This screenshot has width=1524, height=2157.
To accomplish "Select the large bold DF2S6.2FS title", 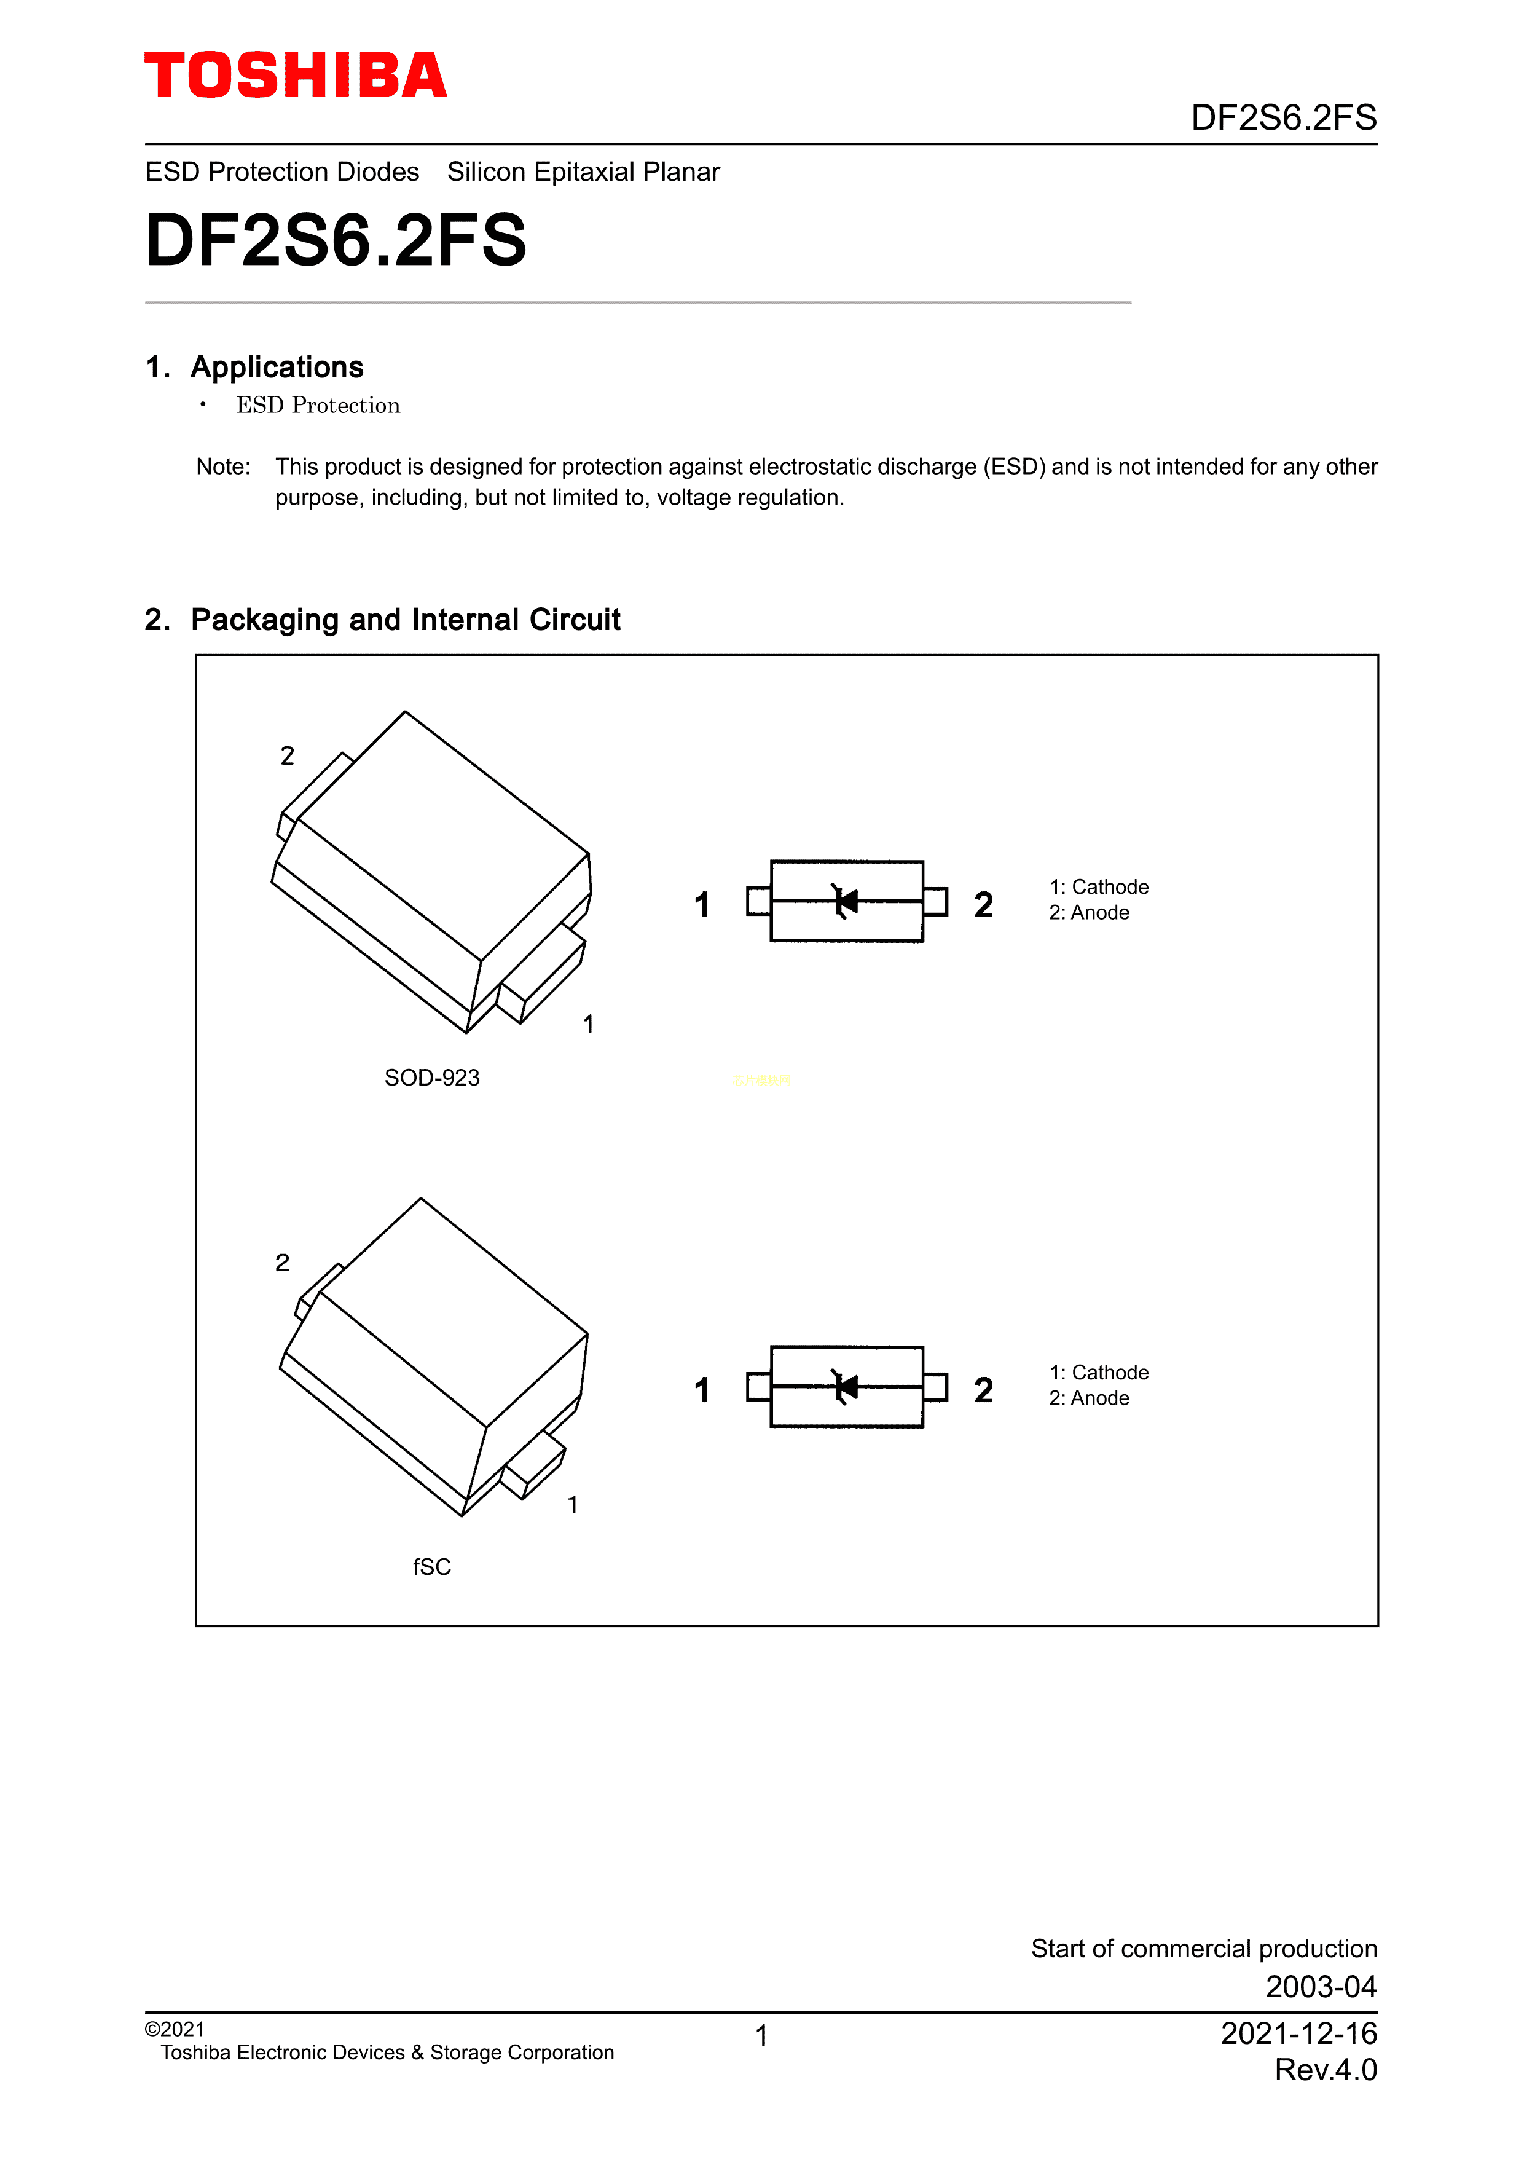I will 336,240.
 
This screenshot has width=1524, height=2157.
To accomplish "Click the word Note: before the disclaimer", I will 222,467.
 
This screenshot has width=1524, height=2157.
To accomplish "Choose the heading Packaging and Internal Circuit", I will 405,620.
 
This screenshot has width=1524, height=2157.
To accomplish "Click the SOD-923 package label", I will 432,1078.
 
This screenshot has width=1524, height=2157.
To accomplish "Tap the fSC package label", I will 432,1567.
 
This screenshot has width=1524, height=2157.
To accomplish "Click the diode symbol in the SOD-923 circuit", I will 845,902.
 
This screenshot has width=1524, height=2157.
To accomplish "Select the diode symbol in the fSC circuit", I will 845,1387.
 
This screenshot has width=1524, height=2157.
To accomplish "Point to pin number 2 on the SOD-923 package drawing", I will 288,756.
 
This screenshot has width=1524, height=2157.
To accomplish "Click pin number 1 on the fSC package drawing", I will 573,1505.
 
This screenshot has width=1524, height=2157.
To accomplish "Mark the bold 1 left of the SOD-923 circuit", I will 701,905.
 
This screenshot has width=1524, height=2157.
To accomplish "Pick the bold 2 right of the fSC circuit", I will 983,1390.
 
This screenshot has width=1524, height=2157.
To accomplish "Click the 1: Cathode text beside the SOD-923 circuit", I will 1099,887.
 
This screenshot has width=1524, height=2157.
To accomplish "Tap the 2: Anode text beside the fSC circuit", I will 1090,1398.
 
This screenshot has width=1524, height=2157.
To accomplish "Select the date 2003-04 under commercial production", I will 1320,1987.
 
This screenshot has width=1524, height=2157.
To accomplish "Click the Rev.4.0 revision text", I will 1325,2070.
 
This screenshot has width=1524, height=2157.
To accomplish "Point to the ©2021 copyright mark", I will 175,2029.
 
